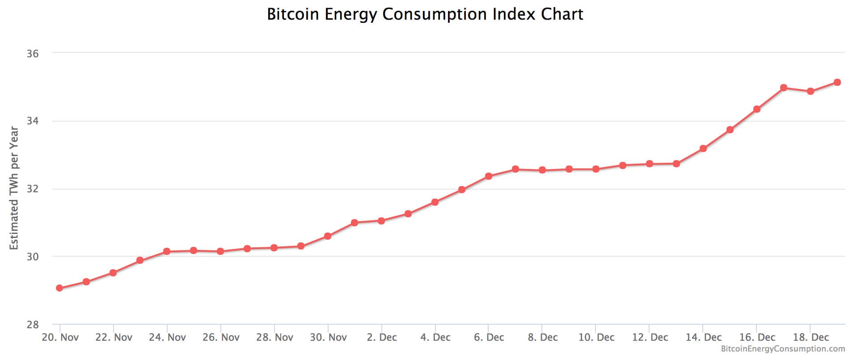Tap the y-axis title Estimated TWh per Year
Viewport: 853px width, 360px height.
tap(14, 188)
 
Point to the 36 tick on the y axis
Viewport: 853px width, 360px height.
tap(33, 54)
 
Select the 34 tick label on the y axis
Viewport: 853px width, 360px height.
tap(33, 121)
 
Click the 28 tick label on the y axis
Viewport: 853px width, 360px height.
tap(33, 325)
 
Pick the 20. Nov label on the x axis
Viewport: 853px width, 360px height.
tap(60, 338)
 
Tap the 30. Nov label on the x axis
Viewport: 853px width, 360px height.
tap(328, 338)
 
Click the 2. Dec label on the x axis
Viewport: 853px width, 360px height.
tap(382, 338)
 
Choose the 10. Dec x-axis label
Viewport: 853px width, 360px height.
tap(596, 338)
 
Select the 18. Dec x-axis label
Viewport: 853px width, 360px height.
tap(811, 338)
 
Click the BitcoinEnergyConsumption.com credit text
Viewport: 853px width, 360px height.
tap(783, 349)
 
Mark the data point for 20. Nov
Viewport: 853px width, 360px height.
tap(59, 288)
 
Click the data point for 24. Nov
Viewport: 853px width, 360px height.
tap(167, 251)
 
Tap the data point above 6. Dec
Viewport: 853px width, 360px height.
tap(489, 176)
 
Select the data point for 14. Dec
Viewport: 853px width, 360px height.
tap(703, 148)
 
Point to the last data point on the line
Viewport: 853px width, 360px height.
tap(837, 82)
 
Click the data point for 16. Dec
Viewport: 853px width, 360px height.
tap(757, 109)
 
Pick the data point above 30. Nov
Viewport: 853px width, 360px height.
tap(328, 236)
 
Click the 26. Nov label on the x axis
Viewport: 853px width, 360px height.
tap(221, 338)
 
